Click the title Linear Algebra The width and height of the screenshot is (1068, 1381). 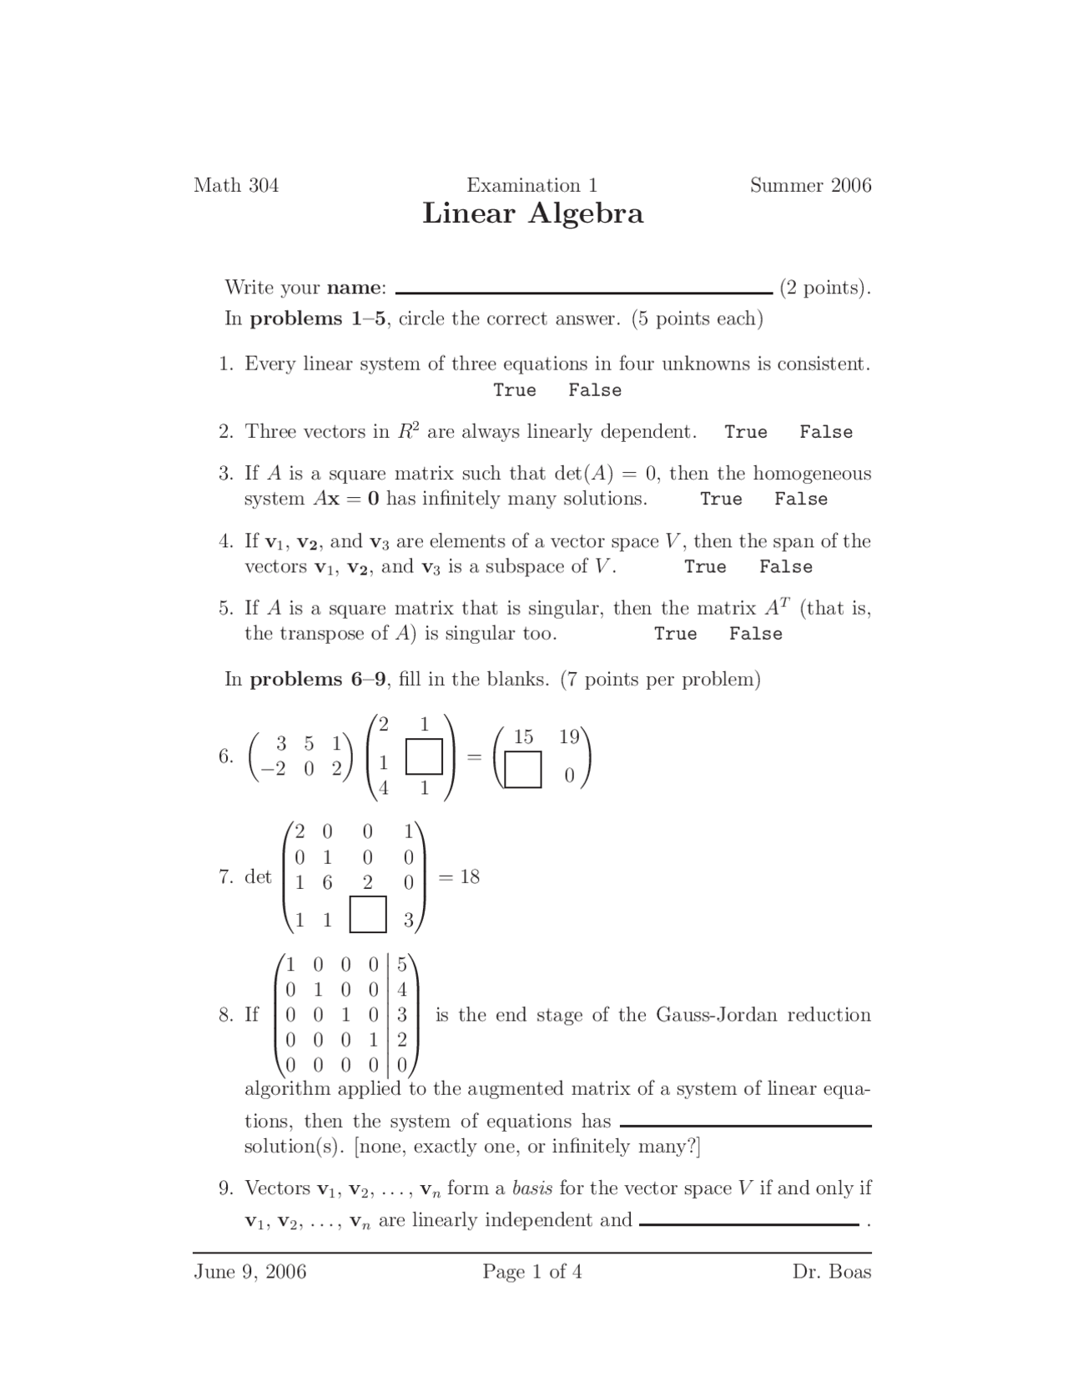(532, 213)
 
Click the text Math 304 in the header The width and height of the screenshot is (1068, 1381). (236, 185)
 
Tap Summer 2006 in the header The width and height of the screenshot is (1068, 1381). (810, 185)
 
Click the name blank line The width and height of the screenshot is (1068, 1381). (583, 291)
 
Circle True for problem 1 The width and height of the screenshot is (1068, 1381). (514, 390)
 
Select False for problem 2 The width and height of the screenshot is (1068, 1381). (825, 432)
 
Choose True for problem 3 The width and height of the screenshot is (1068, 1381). (721, 500)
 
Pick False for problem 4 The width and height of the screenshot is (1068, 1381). (785, 567)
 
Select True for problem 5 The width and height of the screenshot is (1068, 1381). (675, 634)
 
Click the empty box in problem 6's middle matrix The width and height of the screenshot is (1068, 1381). (424, 758)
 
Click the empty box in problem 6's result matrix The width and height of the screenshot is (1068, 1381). (523, 770)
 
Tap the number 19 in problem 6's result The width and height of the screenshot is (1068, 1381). (569, 736)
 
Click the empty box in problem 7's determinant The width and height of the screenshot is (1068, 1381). (368, 915)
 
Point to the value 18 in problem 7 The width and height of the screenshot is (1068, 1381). (469, 876)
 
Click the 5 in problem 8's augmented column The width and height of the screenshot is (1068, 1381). (402, 965)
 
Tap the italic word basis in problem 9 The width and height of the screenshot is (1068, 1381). (531, 1188)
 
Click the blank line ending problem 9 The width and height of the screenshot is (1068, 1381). (748, 1223)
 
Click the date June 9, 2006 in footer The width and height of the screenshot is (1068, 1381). (250, 1272)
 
